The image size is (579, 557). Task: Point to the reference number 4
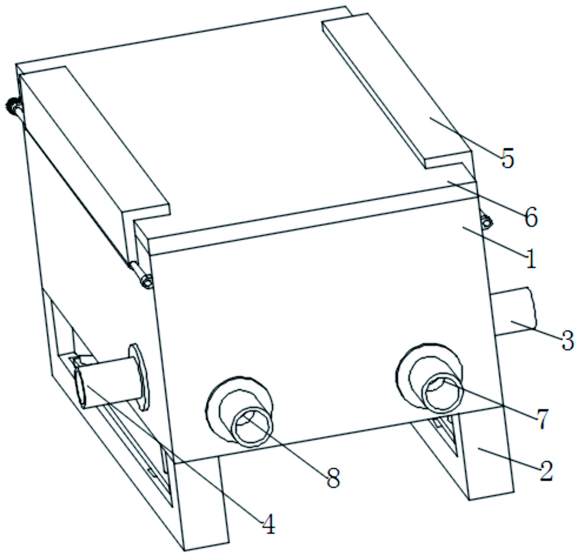(268, 524)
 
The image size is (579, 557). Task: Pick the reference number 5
(507, 158)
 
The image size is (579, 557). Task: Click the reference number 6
(531, 217)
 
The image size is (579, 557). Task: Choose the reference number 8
(333, 478)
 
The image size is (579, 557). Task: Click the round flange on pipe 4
(139, 376)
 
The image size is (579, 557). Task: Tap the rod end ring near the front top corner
(147, 281)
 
